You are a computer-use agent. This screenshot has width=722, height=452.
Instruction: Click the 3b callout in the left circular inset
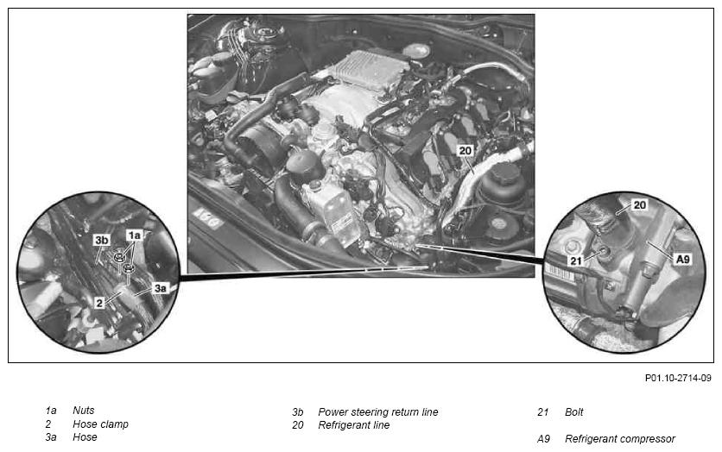[102, 240]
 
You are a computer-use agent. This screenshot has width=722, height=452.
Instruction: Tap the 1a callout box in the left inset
[134, 235]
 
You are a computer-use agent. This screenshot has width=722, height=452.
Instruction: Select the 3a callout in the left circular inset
[160, 288]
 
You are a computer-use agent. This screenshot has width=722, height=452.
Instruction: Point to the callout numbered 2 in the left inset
[99, 303]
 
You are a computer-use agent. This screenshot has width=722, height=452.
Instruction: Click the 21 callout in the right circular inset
[576, 261]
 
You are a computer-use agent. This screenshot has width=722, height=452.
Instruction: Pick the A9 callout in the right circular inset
[683, 260]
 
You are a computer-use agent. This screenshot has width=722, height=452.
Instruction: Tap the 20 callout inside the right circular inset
[640, 204]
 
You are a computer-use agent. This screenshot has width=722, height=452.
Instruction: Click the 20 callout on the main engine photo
[465, 150]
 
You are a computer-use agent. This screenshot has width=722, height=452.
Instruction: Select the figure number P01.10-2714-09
[678, 378]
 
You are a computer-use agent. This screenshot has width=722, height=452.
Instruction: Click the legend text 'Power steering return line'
[378, 412]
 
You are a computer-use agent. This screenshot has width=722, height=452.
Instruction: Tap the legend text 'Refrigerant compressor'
[620, 439]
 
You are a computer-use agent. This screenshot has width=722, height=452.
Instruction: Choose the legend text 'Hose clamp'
[100, 424]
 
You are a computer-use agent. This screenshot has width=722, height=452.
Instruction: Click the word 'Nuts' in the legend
[84, 410]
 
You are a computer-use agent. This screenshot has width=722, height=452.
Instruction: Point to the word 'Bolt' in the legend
[573, 412]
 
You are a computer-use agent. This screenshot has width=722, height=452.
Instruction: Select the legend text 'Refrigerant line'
[353, 425]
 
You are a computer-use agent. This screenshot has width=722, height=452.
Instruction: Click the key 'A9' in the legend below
[543, 439]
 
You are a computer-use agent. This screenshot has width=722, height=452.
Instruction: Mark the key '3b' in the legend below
[297, 412]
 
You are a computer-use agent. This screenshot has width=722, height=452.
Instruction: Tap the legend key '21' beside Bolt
[543, 412]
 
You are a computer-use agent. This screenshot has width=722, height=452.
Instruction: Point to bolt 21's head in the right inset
[603, 251]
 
